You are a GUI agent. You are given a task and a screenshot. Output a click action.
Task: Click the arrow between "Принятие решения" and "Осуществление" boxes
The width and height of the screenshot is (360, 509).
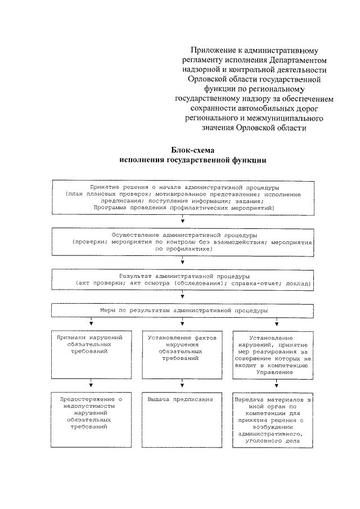pos(183,220)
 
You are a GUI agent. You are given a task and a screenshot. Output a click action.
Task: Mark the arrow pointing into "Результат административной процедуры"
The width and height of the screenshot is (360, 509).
pos(183,262)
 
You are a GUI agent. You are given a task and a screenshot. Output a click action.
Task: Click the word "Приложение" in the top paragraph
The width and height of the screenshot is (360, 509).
pos(212,49)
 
